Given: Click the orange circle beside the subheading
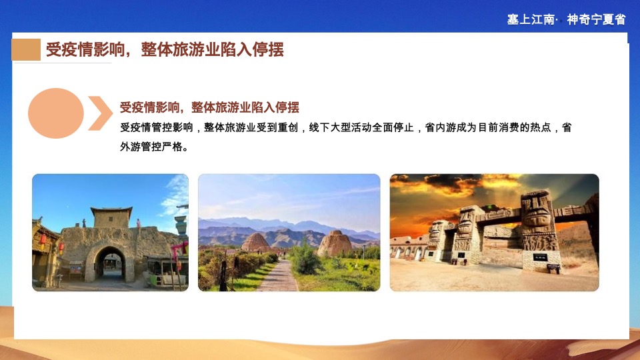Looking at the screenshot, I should coord(56,113).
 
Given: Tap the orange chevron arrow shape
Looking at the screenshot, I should coord(100,113).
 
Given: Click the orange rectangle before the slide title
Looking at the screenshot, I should coord(26,50).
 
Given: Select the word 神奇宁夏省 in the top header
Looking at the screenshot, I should coord(596,19).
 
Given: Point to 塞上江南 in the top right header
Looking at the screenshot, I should coord(531,19).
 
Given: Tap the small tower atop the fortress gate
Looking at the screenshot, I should coord(111,217).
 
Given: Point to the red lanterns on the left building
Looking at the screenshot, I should coord(43,239).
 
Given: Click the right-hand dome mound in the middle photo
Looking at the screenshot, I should coord(335,243).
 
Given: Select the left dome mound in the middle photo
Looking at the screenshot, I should coord(255,243).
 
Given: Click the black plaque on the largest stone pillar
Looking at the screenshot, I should coord(539,257).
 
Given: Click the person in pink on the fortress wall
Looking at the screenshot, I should coord(138,223).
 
